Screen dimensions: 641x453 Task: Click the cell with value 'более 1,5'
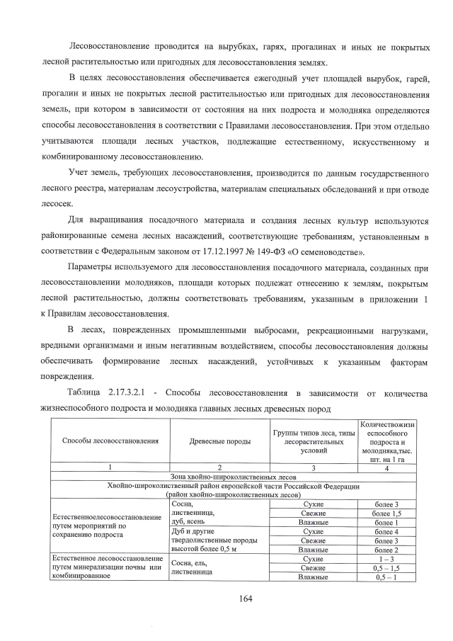[x=387, y=513]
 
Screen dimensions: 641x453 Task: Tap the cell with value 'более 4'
[x=387, y=531]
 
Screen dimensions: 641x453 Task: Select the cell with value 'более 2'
[x=387, y=549]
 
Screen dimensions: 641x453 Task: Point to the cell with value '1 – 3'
[x=387, y=558]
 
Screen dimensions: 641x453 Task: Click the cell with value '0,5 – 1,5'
[x=387, y=567]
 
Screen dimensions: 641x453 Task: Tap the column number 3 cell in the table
[x=313, y=467]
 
